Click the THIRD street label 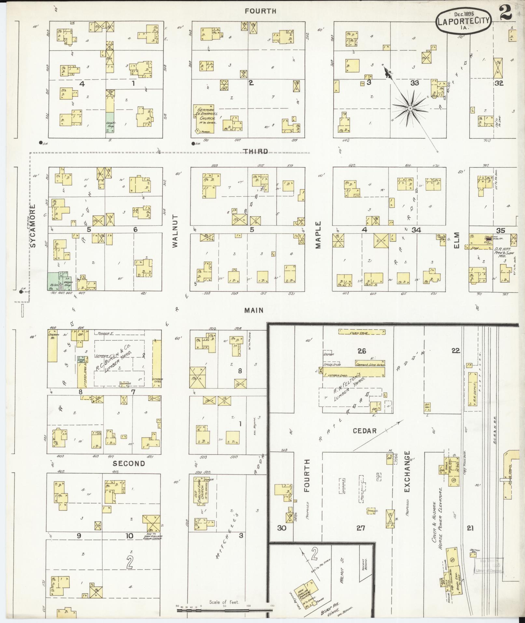pos(257,151)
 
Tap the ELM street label pos(456,240)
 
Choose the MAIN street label pos(254,310)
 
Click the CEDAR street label pos(365,431)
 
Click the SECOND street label pos(129,463)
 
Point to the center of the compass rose pos(410,108)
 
